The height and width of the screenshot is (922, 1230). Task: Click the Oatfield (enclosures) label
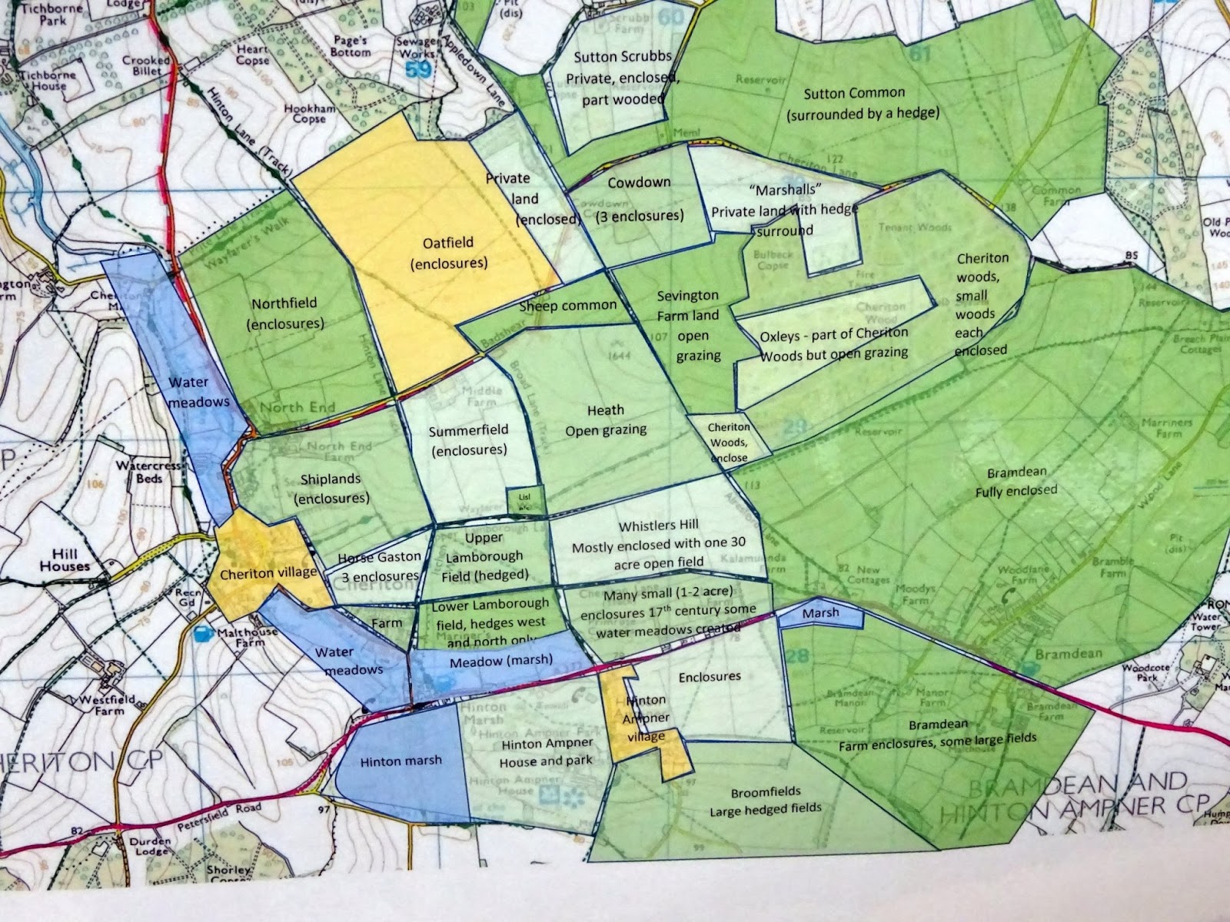[x=448, y=253]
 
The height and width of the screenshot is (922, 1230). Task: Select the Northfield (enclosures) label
[x=284, y=313]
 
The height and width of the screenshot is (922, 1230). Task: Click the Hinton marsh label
[x=401, y=761]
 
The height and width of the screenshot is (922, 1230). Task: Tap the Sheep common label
[x=567, y=306]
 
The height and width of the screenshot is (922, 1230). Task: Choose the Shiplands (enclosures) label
[x=331, y=488]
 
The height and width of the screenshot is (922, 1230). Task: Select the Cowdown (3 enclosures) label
[x=640, y=199]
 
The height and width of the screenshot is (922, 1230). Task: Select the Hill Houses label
[x=71, y=559]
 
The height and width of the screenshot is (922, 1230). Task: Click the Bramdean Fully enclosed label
[x=1016, y=481]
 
